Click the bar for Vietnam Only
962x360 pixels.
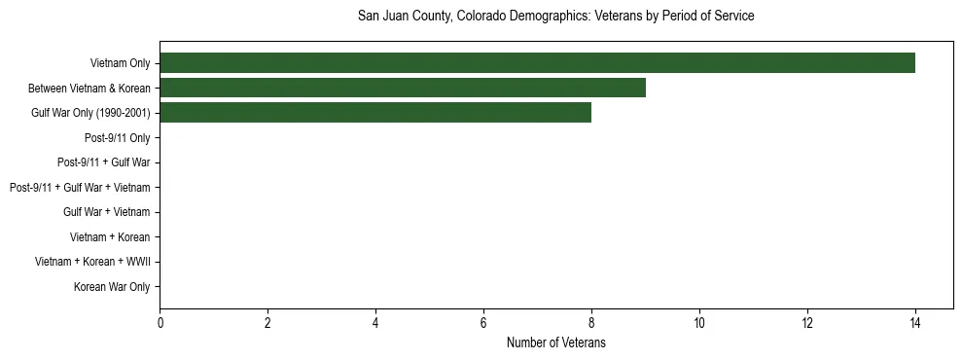(537, 63)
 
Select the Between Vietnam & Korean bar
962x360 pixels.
(403, 89)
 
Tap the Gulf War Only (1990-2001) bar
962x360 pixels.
(375, 113)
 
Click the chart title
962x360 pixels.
(555, 17)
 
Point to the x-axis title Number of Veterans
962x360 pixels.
(555, 342)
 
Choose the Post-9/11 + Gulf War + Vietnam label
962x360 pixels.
(80, 188)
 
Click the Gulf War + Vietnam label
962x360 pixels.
(107, 212)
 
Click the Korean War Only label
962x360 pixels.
(112, 287)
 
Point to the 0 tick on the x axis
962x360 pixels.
(160, 322)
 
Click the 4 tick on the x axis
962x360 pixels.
(375, 322)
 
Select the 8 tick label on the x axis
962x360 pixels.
(590, 322)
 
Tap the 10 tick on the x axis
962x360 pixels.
(698, 322)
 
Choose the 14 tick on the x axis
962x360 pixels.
(914, 322)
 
